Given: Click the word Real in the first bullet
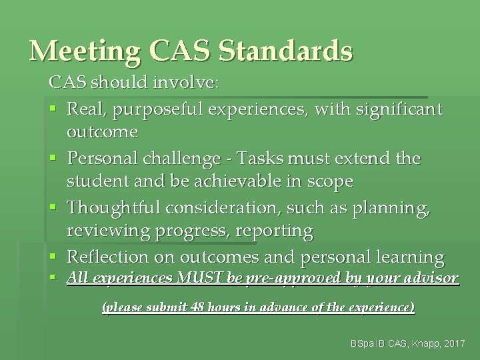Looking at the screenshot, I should (86, 107).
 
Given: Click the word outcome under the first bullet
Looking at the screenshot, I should (102, 132).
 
